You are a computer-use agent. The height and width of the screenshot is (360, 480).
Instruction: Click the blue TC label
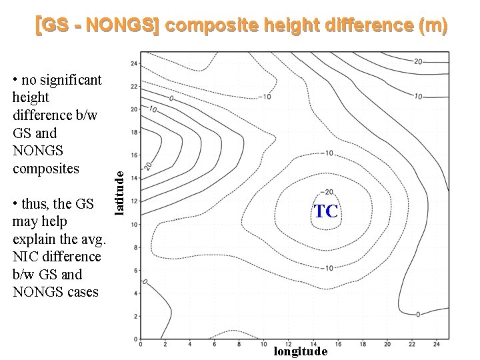coord(327,212)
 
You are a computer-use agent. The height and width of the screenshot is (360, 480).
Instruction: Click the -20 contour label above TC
coord(328,193)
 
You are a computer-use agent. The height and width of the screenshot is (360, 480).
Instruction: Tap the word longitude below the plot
coord(300,351)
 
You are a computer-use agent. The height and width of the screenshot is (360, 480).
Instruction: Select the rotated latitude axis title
coord(119,192)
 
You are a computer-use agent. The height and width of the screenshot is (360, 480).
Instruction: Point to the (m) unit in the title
coord(432,26)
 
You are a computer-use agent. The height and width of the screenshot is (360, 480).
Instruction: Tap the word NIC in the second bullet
coord(25,256)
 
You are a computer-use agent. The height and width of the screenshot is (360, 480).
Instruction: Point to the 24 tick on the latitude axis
coord(134,63)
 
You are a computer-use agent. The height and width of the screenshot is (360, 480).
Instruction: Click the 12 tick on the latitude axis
coord(134,201)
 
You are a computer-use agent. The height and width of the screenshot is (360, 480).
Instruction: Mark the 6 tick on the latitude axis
coord(135,270)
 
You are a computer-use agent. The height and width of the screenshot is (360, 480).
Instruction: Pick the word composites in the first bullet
coord(45,168)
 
